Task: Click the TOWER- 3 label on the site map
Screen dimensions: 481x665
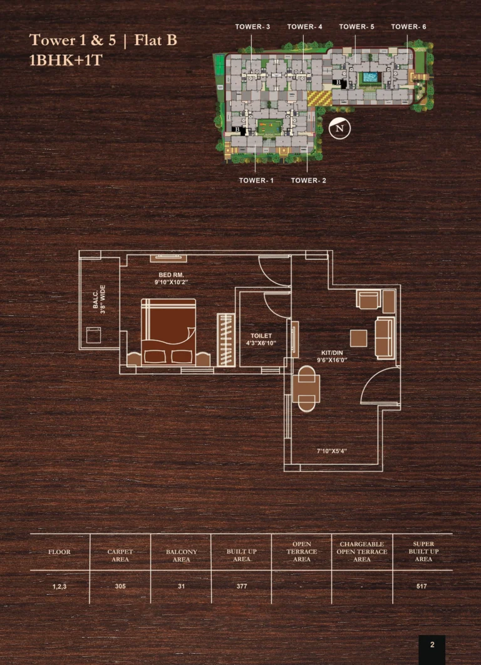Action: click(252, 27)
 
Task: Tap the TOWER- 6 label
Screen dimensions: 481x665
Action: click(408, 27)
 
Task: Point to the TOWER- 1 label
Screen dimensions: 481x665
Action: click(256, 181)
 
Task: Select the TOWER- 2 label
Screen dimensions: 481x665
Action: click(309, 181)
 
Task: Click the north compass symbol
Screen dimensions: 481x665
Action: click(339, 128)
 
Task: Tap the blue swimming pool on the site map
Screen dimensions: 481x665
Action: click(370, 78)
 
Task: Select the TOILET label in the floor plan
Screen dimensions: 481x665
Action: click(261, 335)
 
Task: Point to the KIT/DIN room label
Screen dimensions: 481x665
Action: click(331, 353)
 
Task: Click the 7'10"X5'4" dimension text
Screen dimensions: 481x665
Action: click(332, 451)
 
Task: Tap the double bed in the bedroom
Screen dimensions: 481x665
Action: click(168, 332)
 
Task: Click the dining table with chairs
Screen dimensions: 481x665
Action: click(306, 389)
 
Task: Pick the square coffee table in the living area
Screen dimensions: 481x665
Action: click(358, 338)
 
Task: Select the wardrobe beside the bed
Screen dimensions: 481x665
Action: click(226, 340)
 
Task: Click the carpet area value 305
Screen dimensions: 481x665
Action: click(120, 587)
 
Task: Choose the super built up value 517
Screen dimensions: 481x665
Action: click(422, 587)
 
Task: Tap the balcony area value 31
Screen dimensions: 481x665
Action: click(182, 587)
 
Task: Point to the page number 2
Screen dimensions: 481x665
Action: click(432, 645)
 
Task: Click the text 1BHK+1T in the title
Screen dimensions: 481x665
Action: click(66, 60)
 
